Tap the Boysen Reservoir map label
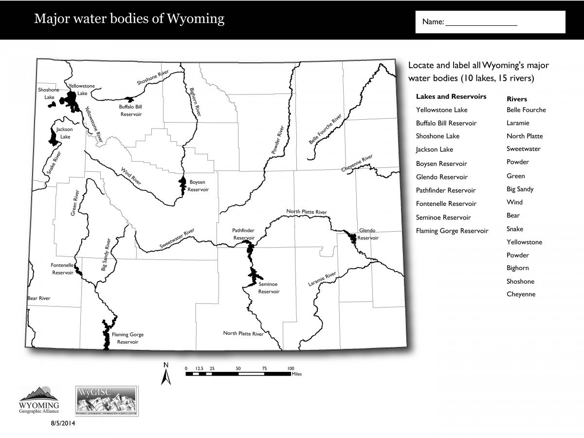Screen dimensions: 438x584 (x=198, y=186)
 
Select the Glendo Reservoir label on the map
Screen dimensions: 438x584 (x=367, y=234)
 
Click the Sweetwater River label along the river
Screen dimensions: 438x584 (x=177, y=239)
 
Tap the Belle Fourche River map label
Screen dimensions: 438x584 (x=326, y=130)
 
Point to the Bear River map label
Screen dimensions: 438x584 (x=39, y=298)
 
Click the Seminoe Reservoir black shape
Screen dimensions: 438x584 (x=253, y=276)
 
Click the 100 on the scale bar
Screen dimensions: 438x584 (x=291, y=368)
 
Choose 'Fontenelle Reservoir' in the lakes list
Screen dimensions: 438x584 (x=446, y=204)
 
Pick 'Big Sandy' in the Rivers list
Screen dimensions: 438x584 (x=520, y=189)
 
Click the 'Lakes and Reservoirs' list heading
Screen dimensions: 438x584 (x=451, y=96)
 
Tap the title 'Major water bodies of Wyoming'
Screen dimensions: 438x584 (x=129, y=19)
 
